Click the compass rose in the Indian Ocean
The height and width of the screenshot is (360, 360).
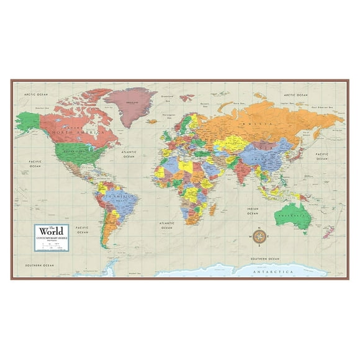[261, 236]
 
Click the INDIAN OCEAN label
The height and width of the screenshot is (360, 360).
[253, 210]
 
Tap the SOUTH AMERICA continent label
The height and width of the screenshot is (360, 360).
[112, 196]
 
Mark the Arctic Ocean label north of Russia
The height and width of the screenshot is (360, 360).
[293, 94]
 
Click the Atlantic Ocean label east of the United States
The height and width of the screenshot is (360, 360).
[128, 154]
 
